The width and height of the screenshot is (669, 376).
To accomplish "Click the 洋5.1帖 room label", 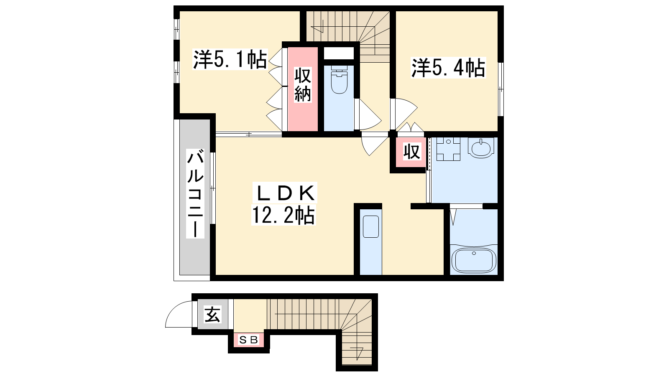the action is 230,59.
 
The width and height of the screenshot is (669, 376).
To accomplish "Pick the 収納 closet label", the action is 303,85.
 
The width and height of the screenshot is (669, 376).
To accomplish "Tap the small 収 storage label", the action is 412,151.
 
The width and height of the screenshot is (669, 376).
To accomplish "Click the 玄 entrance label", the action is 213,315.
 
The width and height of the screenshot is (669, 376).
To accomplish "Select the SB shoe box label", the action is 249,340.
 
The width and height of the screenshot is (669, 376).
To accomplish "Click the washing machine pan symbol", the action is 448,149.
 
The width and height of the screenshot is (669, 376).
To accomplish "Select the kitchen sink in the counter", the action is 371,227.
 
